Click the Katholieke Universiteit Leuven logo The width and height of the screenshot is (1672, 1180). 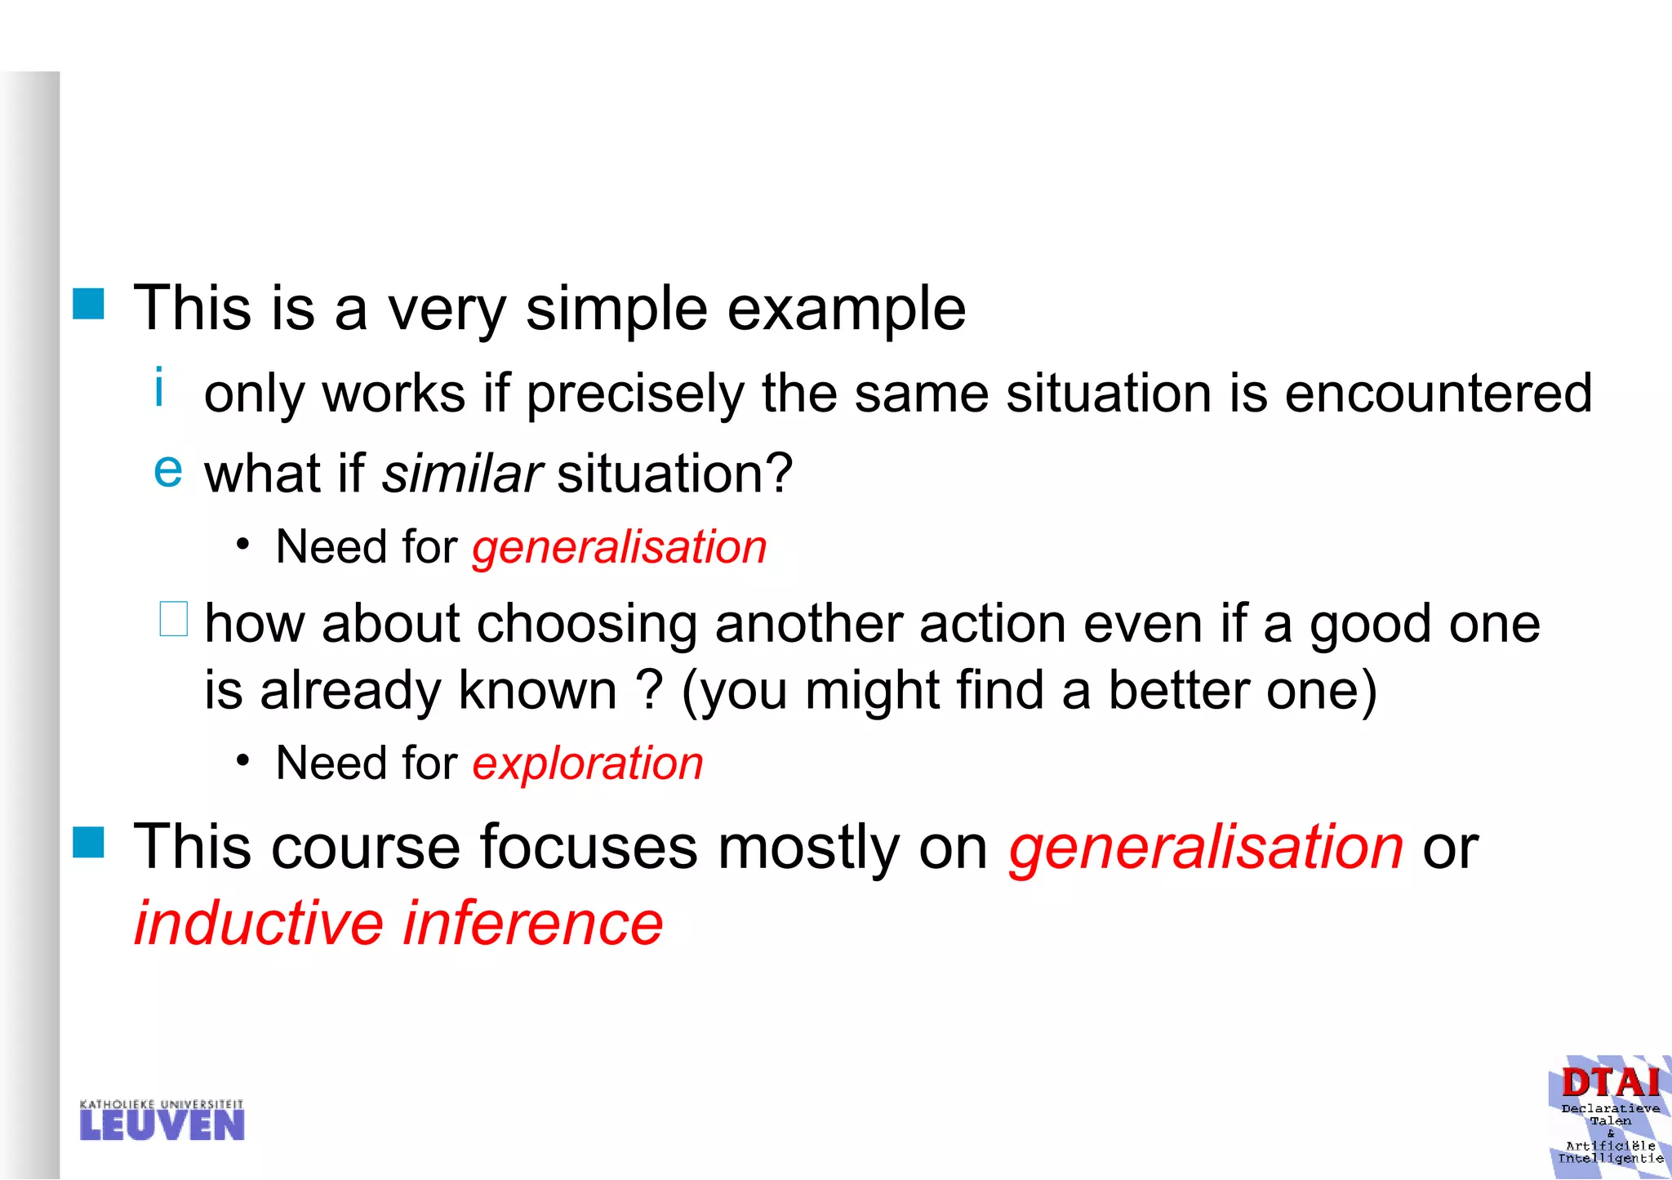click(162, 1120)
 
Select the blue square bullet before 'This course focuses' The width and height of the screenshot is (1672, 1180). click(88, 842)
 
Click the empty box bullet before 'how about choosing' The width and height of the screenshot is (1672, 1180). click(173, 618)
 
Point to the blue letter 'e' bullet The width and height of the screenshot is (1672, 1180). click(168, 470)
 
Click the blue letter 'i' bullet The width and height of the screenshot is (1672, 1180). click(159, 387)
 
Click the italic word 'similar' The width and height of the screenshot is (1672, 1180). click(461, 473)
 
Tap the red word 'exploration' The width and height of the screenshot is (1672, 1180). click(588, 764)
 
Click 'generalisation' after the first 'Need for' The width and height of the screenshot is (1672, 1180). click(620, 547)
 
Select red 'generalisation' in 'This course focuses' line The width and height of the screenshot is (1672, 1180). click(1206, 847)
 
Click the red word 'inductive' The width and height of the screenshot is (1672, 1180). click(259, 924)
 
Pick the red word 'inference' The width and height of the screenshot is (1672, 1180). click(533, 924)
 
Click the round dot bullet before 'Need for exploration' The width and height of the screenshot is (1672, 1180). click(242, 761)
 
